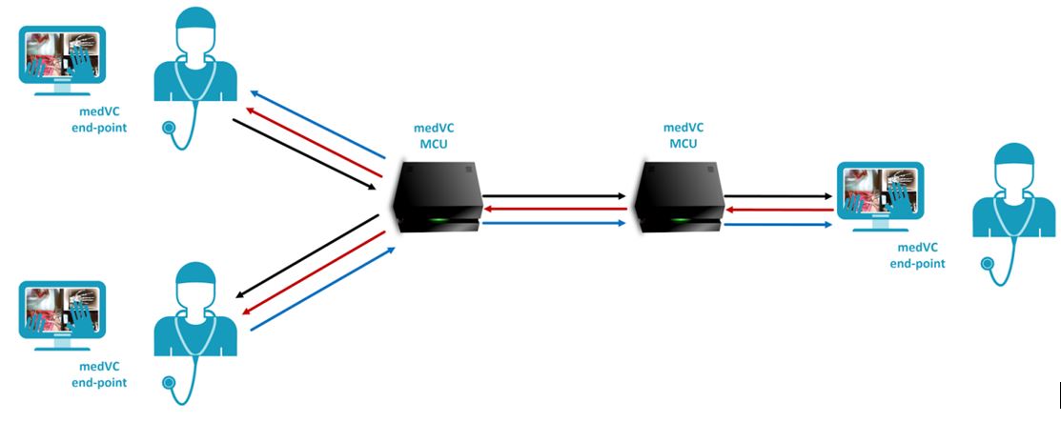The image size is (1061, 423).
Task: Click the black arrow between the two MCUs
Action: click(x=557, y=194)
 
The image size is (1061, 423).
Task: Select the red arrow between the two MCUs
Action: click(x=557, y=209)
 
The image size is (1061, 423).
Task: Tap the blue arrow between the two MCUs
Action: click(x=557, y=224)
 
